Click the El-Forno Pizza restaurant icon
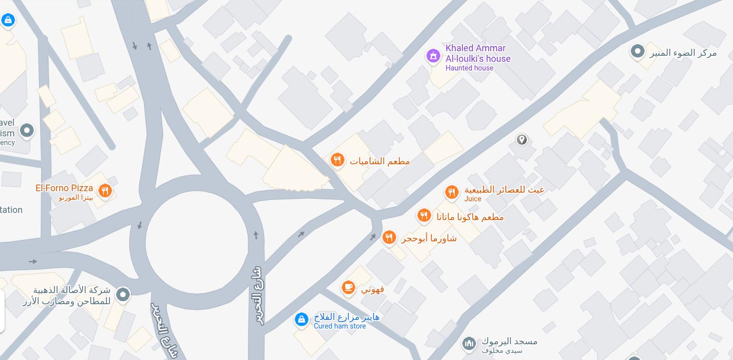point(105,191)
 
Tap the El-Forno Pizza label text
point(64,188)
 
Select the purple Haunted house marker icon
point(433,56)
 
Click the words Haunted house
point(469,68)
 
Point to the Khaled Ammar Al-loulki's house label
point(478,53)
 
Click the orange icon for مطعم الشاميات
point(337,160)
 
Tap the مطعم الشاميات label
point(380,161)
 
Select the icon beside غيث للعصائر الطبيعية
point(451,192)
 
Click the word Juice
point(472,199)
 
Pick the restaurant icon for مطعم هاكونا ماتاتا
point(424,215)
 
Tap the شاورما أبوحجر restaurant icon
point(389,237)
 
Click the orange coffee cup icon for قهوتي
point(348,287)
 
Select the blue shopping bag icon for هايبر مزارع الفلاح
point(301,319)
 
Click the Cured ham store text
point(340,326)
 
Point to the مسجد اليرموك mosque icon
point(469,343)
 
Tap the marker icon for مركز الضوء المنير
point(637,51)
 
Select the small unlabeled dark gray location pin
point(522,139)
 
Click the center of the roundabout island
point(197,243)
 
